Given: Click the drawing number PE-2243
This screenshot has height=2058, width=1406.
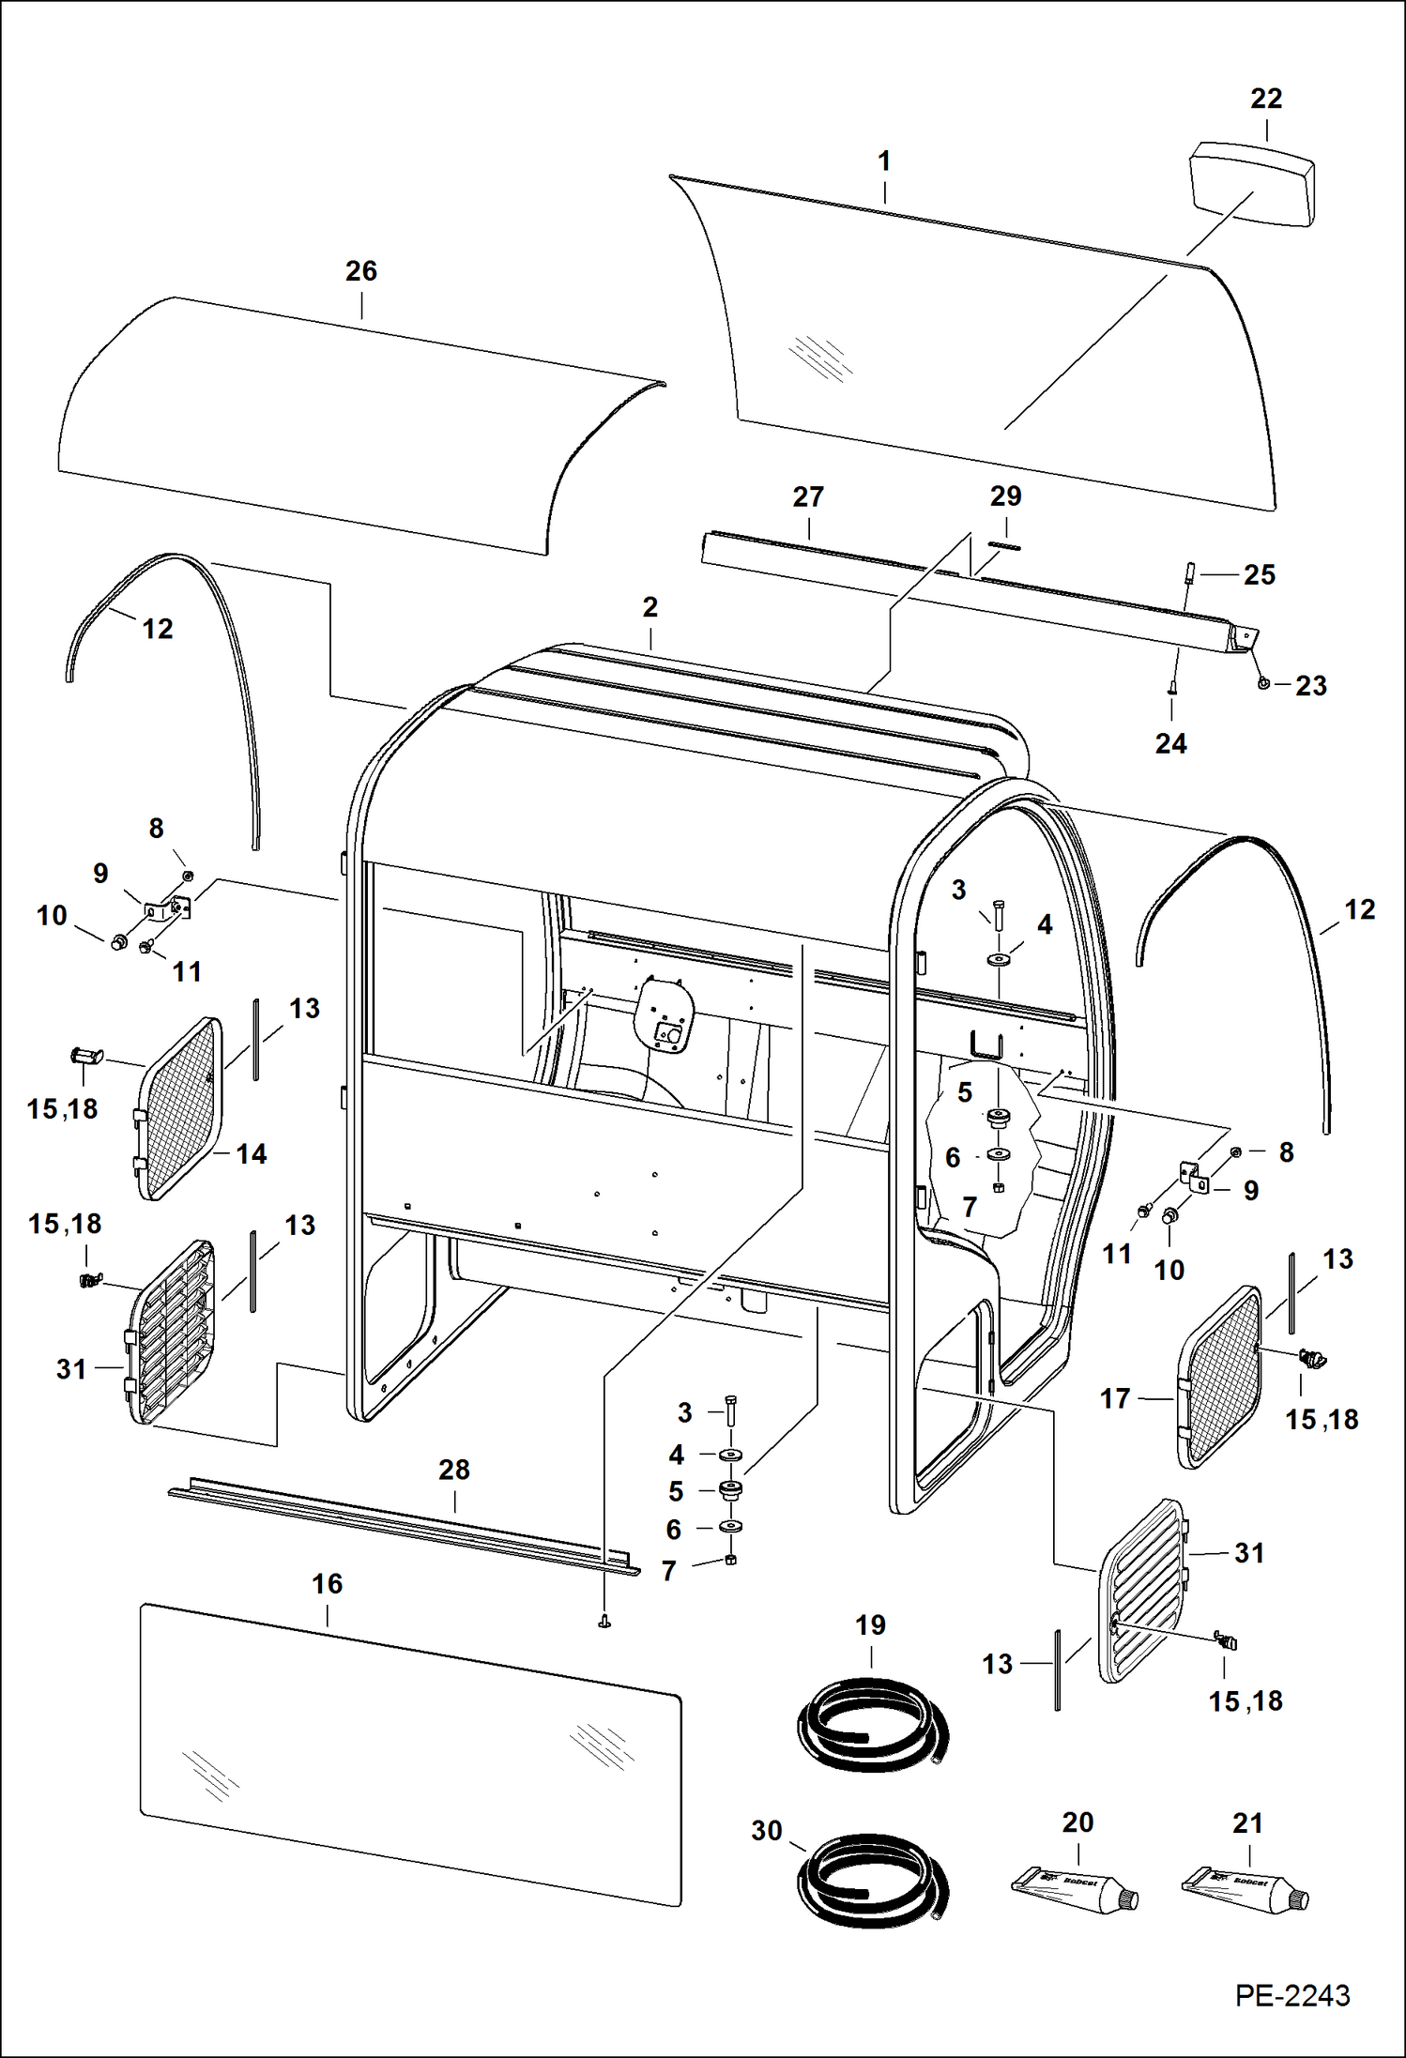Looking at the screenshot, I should tap(1291, 1995).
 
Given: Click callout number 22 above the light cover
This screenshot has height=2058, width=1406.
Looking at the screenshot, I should tap(1266, 99).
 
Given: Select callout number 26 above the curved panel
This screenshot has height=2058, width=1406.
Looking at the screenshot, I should tap(361, 271).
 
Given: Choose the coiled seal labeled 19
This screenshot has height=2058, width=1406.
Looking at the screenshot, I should tap(871, 1728).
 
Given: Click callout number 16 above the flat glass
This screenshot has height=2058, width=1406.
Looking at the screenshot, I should tap(327, 1584).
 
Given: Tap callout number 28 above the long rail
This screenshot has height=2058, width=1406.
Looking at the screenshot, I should tap(454, 1470).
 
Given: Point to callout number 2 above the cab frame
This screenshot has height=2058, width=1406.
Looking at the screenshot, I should tap(650, 607).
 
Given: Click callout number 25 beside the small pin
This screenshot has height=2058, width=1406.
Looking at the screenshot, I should tap(1259, 575).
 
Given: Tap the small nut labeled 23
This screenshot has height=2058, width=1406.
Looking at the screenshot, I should tap(1264, 683).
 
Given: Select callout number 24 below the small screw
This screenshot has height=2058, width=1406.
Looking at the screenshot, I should tap(1170, 744).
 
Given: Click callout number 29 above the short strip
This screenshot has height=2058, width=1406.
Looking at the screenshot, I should tap(1005, 496).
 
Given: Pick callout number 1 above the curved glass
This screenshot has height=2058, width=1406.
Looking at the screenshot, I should tap(883, 161).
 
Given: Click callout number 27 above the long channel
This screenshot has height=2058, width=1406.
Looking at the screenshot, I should tap(808, 497).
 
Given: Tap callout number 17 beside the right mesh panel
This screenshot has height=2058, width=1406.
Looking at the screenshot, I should tap(1115, 1399).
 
